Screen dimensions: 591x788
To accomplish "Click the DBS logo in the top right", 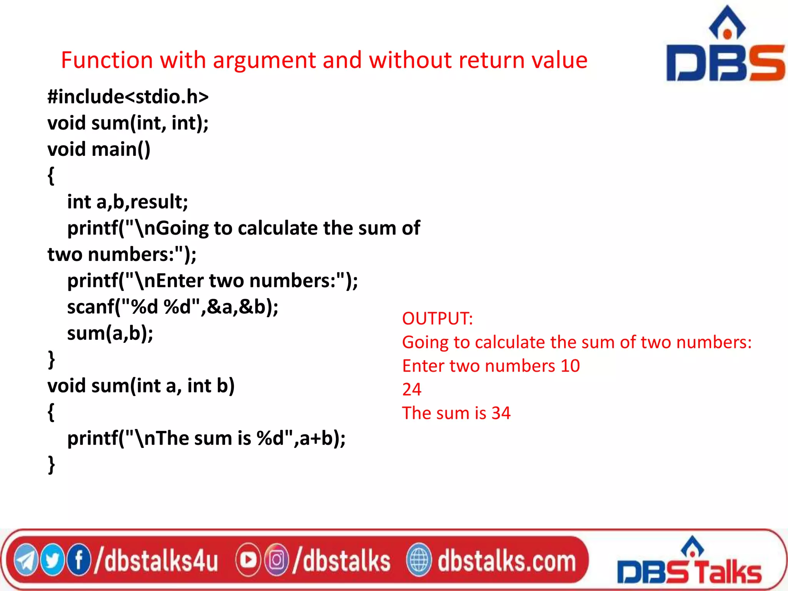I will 725,46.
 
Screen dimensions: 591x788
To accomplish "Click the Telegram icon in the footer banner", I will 25,560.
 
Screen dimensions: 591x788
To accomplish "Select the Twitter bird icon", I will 52,560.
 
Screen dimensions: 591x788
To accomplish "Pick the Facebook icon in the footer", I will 79,560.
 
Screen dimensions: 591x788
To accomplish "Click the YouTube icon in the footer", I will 248,560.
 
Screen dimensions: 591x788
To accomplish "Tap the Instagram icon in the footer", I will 276,560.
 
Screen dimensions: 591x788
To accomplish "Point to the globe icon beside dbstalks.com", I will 419,560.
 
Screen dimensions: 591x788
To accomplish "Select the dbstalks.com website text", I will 507,561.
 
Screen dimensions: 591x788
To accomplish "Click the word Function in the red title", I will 107,60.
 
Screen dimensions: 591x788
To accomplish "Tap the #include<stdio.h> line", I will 128,97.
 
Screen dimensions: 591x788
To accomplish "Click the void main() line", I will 99,149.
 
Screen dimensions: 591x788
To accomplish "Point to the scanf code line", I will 173,307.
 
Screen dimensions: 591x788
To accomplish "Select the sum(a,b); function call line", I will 110,333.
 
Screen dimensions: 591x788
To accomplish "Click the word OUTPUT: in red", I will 437,319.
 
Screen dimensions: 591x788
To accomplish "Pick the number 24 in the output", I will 412,389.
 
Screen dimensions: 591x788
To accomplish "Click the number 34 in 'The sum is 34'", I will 501,413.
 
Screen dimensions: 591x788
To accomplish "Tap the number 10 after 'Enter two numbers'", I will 570,366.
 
